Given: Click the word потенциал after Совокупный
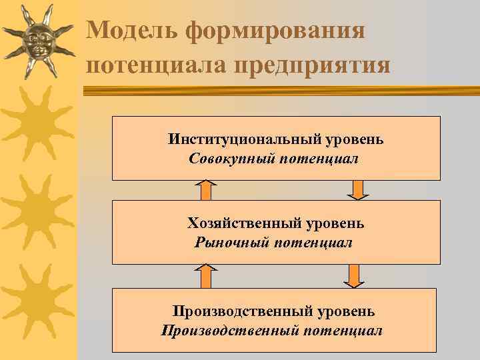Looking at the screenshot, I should [x=317, y=159].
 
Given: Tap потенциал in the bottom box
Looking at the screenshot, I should [x=343, y=331].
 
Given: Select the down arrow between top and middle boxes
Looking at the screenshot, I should [x=358, y=190].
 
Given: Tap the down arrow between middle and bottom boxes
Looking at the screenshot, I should [x=354, y=275].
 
